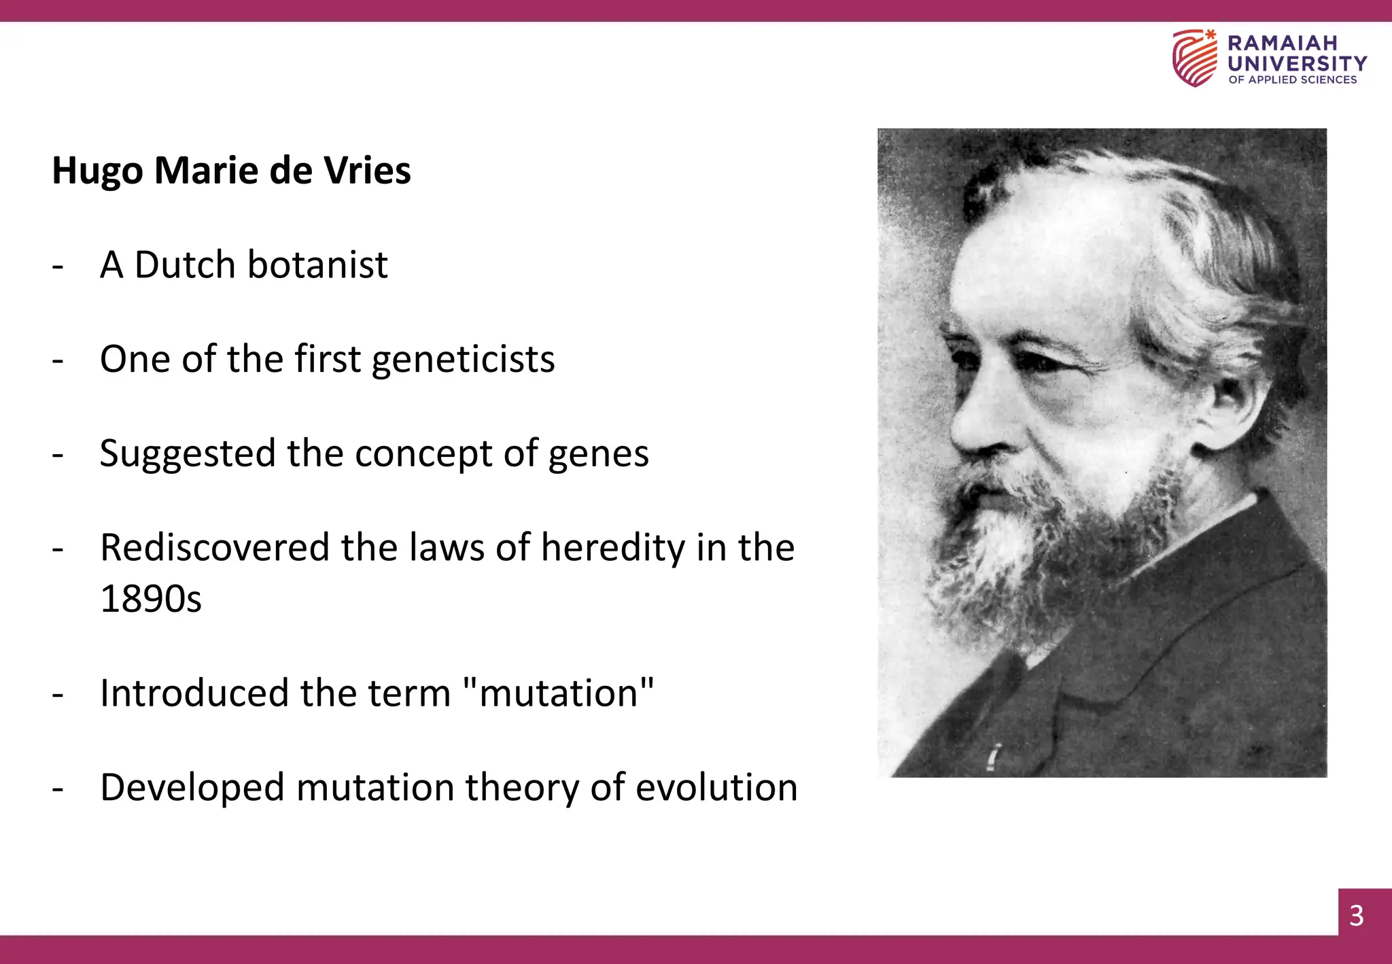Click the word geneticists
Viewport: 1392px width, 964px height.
point(463,360)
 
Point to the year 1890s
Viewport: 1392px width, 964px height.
point(151,599)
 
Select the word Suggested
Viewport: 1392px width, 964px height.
point(188,454)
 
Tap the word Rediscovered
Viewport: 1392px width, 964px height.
point(215,548)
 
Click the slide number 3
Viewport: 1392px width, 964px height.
point(1357,916)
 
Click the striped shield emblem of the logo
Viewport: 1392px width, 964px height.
point(1194,58)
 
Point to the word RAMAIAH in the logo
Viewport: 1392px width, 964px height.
point(1283,43)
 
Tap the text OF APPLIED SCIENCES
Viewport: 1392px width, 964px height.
point(1292,80)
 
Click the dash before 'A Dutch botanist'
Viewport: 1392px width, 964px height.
point(58,266)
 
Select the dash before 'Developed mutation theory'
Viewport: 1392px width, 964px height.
point(58,789)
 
